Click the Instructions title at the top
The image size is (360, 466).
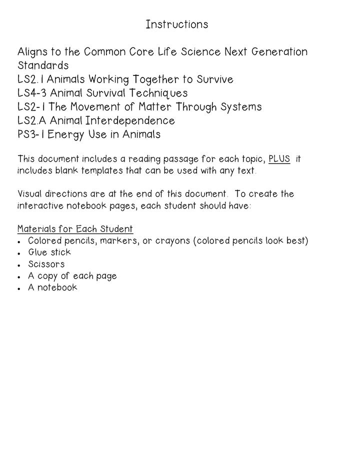(x=176, y=24)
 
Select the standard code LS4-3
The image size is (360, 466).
(x=32, y=93)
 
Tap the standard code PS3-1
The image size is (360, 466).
(x=31, y=134)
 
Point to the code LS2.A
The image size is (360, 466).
(x=32, y=120)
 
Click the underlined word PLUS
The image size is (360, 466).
(x=279, y=159)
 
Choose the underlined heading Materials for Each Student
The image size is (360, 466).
(x=75, y=229)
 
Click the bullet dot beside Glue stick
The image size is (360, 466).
(x=19, y=253)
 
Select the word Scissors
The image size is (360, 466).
(x=46, y=264)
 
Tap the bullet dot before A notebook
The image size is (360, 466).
(x=19, y=288)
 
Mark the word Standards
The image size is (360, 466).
(x=43, y=65)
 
